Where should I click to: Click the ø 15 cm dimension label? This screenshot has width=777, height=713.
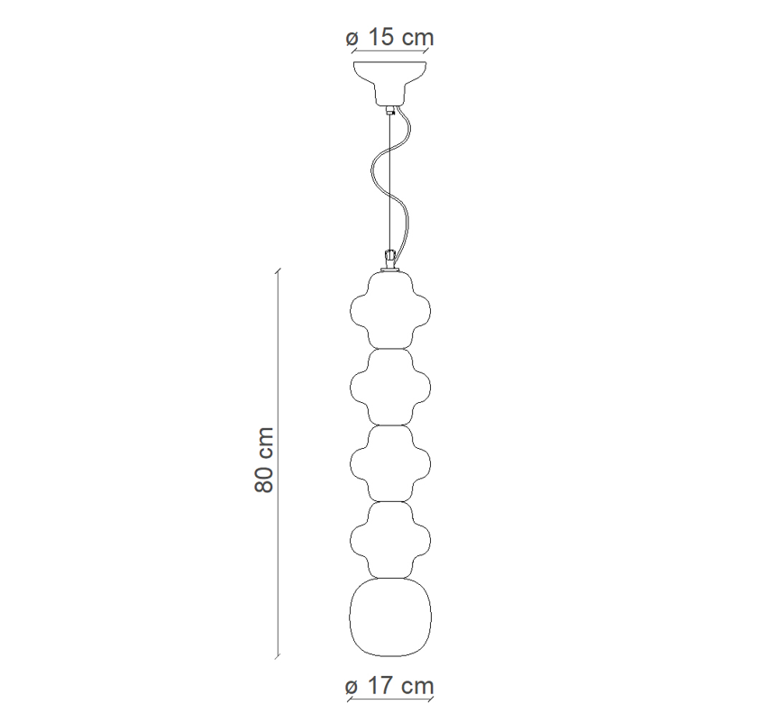click(390, 38)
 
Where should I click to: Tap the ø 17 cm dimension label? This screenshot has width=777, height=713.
click(390, 686)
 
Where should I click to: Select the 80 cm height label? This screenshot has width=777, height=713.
click(264, 460)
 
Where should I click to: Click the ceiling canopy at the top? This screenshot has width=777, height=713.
click(390, 83)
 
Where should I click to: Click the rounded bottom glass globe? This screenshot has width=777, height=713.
click(390, 617)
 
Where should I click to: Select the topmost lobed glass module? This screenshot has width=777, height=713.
click(390, 310)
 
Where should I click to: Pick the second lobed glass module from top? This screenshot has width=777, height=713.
click(390, 387)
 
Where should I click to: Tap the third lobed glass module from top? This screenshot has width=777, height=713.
click(390, 464)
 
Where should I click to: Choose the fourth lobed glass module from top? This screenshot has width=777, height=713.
click(390, 540)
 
